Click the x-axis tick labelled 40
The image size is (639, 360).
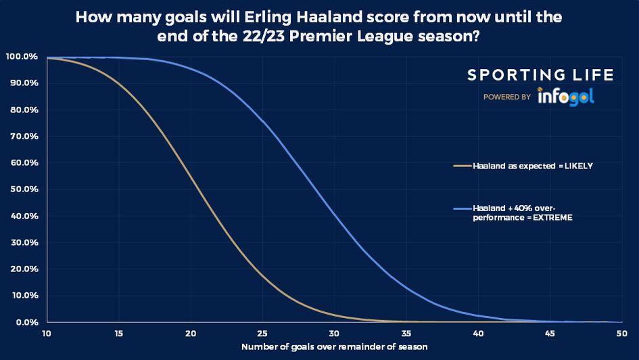(477, 333)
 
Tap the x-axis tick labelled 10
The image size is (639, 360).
(47, 333)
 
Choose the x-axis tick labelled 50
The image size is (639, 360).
(621, 333)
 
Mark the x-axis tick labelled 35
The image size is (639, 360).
(406, 333)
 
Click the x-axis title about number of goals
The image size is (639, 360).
(334, 347)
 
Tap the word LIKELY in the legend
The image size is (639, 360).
(578, 166)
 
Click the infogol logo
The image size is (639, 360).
(565, 97)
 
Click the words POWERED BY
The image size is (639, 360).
(506, 97)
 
